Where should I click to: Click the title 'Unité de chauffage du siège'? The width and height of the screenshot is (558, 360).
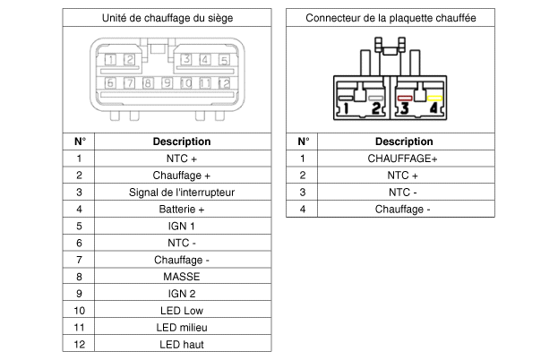click(167, 18)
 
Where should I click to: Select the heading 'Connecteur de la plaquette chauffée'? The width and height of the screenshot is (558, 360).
click(391, 18)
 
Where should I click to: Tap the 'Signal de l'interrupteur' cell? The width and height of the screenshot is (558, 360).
click(182, 192)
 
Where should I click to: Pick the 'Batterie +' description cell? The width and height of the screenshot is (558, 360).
click(182, 209)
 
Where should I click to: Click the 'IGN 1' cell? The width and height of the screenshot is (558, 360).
click(182, 226)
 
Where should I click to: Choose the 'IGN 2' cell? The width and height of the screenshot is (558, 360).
click(182, 293)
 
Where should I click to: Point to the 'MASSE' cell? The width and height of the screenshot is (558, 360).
click(182, 277)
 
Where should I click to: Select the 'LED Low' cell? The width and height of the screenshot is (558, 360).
click(182, 310)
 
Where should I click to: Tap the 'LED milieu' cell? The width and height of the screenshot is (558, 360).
click(182, 327)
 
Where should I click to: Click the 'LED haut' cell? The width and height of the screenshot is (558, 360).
click(182, 344)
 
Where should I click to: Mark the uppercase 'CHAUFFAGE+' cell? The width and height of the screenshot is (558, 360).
click(403, 159)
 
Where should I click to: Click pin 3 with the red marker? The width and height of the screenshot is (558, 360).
click(405, 107)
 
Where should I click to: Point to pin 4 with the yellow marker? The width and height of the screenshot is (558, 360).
click(434, 107)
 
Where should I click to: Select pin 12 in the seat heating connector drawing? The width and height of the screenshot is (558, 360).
click(224, 83)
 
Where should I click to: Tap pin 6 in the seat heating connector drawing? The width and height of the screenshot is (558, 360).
click(109, 83)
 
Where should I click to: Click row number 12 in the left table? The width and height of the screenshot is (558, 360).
click(79, 344)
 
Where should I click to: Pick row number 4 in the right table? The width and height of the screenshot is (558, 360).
click(303, 209)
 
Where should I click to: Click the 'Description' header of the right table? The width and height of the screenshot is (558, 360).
click(403, 141)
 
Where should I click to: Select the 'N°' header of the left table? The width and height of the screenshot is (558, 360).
click(79, 141)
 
